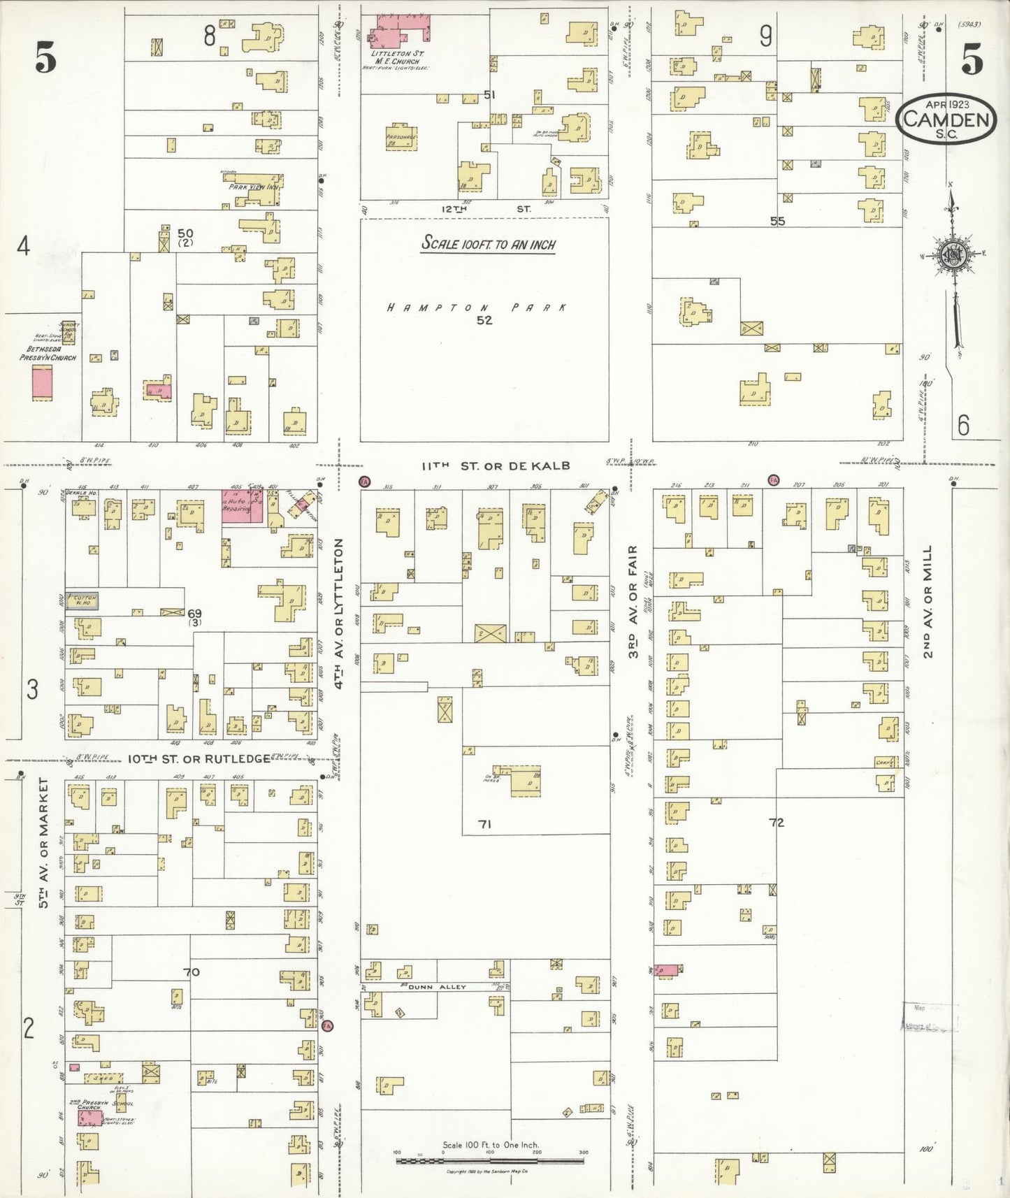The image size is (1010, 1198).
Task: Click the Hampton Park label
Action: point(477,308)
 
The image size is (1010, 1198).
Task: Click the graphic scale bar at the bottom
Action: point(490,1161)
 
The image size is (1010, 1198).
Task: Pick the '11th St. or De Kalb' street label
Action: point(496,466)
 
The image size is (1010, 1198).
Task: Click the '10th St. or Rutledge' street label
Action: point(199,758)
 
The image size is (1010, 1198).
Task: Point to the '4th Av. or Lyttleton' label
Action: point(340,613)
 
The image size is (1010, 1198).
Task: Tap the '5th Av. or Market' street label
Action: point(44,842)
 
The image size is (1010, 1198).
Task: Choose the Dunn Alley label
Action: point(437,987)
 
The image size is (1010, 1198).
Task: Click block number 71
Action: point(484,824)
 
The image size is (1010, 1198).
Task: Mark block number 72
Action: point(776,823)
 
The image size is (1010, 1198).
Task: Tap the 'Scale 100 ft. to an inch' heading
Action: point(488,244)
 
